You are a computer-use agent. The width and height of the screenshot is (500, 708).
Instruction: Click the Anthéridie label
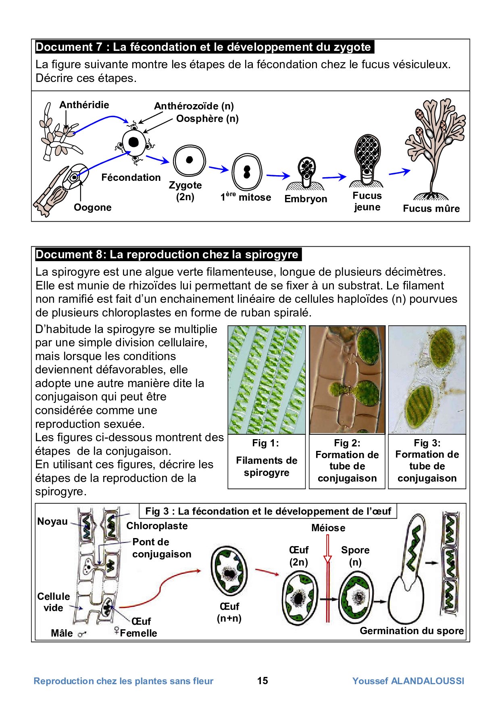coord(84,105)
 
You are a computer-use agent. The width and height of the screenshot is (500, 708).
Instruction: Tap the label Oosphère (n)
coord(207,119)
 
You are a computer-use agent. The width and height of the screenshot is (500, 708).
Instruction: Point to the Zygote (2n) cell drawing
coord(189,160)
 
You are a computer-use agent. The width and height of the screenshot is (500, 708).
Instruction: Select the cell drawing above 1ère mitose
coord(247,172)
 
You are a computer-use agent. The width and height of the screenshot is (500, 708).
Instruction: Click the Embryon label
coord(306,199)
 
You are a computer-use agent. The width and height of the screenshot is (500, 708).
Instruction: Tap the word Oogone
coord(92,207)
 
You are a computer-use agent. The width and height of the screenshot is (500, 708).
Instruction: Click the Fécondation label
coord(131,178)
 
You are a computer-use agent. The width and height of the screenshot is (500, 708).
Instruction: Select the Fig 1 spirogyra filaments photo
coord(267,380)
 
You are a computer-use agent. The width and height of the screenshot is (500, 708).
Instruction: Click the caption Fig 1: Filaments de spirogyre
coord(267,461)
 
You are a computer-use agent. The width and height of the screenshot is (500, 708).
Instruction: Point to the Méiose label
coord(328,528)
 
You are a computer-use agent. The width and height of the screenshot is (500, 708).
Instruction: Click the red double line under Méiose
coord(328,589)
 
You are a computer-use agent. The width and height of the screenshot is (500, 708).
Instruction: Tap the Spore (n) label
coord(355,556)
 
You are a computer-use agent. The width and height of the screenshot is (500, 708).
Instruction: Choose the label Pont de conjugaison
coord(161,548)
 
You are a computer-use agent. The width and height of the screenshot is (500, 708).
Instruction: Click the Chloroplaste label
coord(157,526)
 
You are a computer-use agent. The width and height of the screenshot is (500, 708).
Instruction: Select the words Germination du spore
coord(411,631)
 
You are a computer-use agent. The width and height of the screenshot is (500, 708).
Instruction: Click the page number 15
coord(262,681)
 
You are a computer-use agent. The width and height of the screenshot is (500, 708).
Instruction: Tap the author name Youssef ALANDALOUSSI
coord(408,681)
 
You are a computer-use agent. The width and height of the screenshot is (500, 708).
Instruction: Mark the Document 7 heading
coord(203,47)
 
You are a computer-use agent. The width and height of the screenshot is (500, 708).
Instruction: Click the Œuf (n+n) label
coord(229,612)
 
